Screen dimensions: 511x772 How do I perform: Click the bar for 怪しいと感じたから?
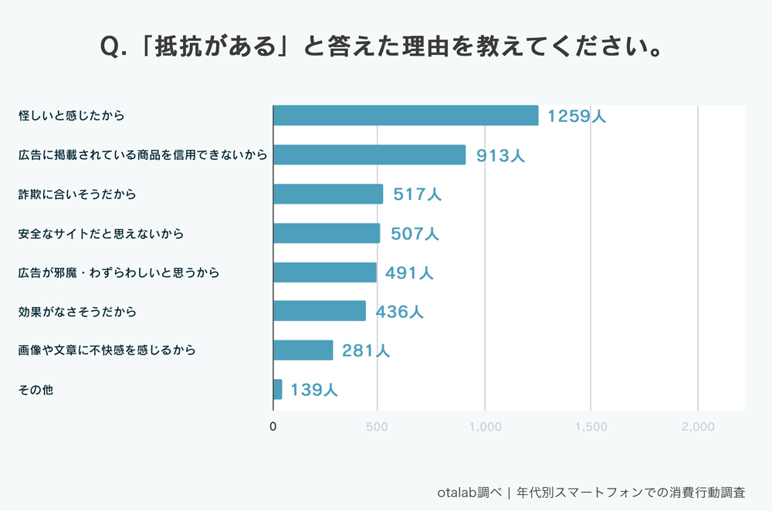pyautogui.click(x=405, y=116)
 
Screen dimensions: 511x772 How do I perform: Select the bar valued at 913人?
pyautogui.click(x=369, y=154)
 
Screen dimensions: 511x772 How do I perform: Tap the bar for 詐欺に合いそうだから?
pyautogui.click(x=328, y=194)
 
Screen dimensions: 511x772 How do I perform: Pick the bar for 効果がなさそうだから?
pyautogui.click(x=320, y=311)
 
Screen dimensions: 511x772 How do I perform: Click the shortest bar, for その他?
pyautogui.click(x=278, y=389)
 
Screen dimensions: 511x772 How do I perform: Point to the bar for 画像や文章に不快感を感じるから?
pyautogui.click(x=303, y=350)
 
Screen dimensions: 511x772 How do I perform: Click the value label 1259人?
pyautogui.click(x=577, y=117)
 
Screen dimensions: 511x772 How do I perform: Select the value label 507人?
pyautogui.click(x=415, y=234)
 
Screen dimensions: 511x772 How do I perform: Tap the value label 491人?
pyautogui.click(x=409, y=272)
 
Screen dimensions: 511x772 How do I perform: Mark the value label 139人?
pyautogui.click(x=314, y=390)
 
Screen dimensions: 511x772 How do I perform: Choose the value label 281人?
pyautogui.click(x=366, y=350)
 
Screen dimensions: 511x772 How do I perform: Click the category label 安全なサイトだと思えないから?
pyautogui.click(x=101, y=233)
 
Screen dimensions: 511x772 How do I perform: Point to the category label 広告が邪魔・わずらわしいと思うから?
pyautogui.click(x=119, y=272)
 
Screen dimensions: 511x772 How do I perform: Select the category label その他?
pyautogui.click(x=36, y=390)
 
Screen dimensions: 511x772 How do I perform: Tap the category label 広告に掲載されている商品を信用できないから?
pyautogui.click(x=143, y=155)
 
